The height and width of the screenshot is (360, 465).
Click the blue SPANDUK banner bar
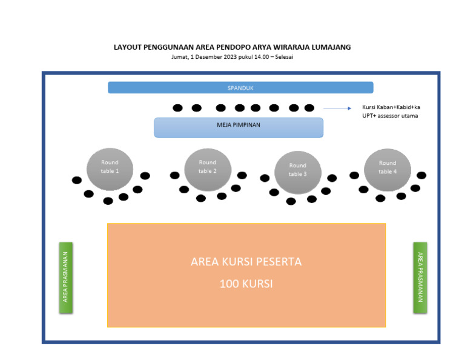[240, 88]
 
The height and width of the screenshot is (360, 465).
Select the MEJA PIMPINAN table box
[238, 127]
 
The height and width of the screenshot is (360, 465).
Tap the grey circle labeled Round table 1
[110, 167]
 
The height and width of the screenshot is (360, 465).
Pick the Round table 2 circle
[207, 167]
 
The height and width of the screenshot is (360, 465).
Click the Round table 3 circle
[297, 170]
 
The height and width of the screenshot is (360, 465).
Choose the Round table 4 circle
[387, 167]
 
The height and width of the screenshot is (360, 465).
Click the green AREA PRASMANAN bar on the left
[65, 278]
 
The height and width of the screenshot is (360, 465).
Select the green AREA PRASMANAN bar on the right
[420, 278]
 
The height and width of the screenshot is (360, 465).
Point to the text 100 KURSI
[246, 283]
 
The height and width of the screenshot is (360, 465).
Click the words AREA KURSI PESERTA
[246, 262]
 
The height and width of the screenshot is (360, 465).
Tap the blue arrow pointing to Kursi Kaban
[337, 108]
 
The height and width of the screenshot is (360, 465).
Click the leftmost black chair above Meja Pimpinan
[177, 108]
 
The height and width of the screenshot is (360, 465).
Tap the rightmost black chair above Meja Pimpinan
[309, 108]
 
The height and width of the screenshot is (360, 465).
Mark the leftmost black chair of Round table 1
[76, 180]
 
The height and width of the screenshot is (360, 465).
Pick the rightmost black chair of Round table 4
[421, 175]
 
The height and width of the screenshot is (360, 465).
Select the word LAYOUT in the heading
[127, 47]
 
